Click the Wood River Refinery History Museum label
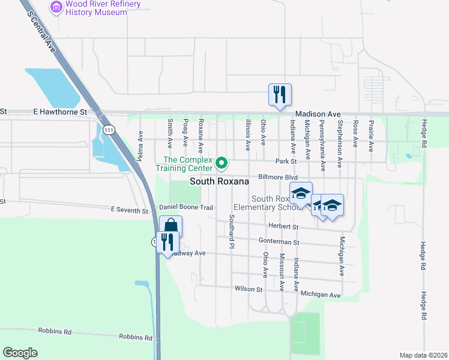click(103, 8)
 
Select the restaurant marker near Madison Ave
click(280, 95)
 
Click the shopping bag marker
click(170, 227)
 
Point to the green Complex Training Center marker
click(221, 163)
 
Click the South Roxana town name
click(219, 181)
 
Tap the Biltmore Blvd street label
click(278, 178)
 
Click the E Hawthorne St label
click(60, 112)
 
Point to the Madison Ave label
click(318, 114)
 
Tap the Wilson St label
click(249, 289)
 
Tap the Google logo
click(20, 353)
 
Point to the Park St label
click(286, 161)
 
